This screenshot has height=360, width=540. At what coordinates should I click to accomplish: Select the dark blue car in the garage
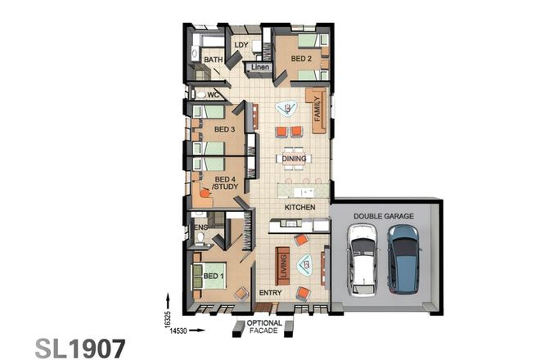[403, 261]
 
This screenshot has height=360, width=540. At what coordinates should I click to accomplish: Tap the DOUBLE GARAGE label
[383, 216]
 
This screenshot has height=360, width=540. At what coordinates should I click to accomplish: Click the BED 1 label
[214, 277]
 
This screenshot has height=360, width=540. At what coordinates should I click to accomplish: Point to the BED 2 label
[301, 60]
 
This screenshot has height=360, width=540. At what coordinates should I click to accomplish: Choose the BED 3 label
[225, 129]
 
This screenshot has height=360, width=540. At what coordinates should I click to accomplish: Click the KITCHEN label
[299, 208]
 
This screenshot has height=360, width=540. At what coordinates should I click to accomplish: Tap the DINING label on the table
[294, 159]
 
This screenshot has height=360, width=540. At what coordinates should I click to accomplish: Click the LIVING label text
[283, 266]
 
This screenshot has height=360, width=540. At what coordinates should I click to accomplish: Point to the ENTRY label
[269, 292]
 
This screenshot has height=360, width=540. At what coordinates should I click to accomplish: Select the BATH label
[214, 60]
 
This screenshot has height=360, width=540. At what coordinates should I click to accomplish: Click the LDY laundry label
[241, 45]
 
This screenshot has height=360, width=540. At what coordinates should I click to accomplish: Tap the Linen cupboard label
[259, 66]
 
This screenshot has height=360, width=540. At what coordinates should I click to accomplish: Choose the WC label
[213, 95]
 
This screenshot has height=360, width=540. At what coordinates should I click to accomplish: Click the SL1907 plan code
[80, 347]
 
